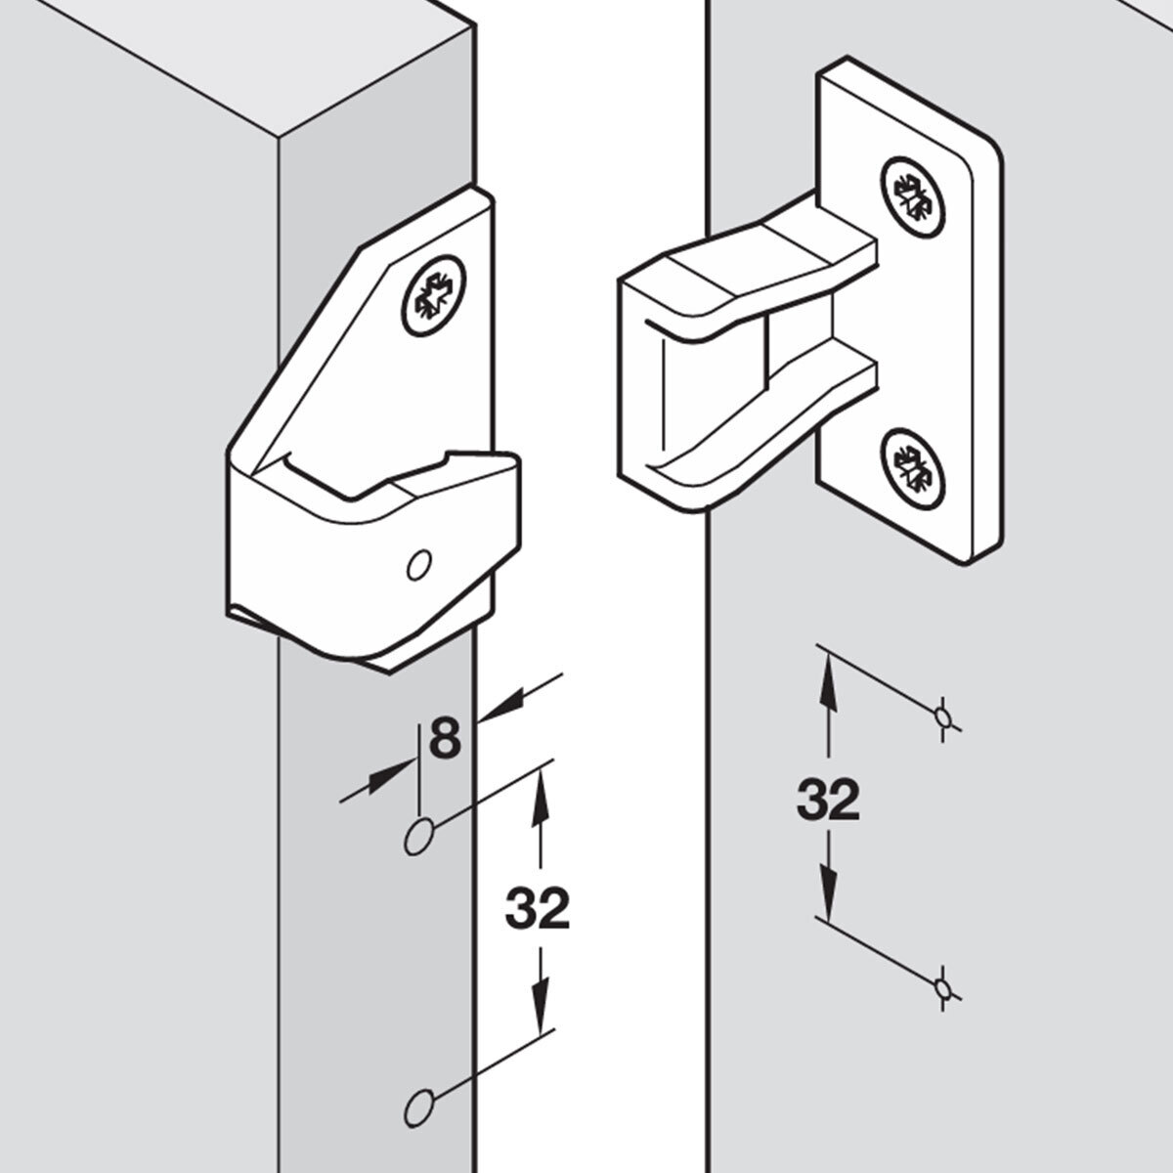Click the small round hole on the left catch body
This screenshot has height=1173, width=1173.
(x=418, y=565)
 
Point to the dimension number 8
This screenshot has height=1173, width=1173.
(x=445, y=738)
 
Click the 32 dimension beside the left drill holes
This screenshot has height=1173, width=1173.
(x=537, y=911)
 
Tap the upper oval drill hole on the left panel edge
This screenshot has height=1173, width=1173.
(x=418, y=837)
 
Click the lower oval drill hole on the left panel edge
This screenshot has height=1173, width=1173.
(x=418, y=1107)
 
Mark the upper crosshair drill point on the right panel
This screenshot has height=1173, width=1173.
(x=943, y=717)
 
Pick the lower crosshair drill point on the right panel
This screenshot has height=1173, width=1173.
(x=943, y=986)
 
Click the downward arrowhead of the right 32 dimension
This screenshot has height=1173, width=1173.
(x=828, y=905)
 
